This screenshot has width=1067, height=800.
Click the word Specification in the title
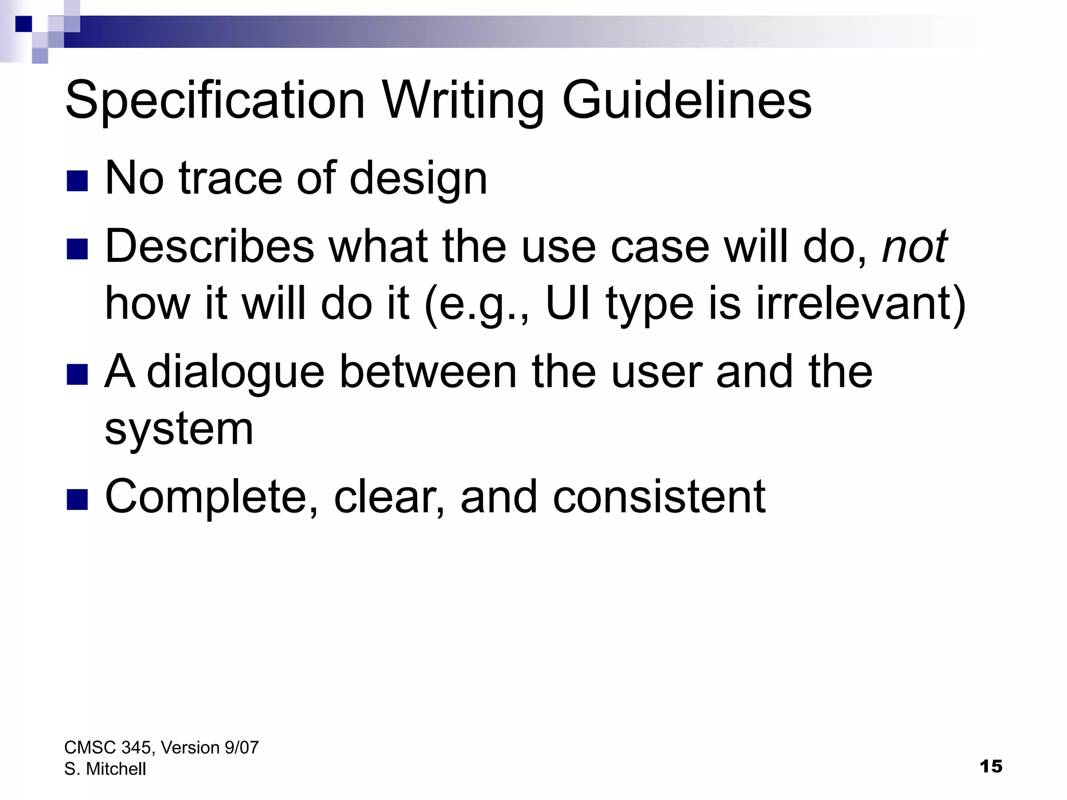pyautogui.click(x=215, y=101)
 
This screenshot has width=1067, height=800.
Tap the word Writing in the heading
pyautogui.click(x=464, y=101)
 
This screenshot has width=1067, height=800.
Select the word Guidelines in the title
pyautogui.click(x=687, y=101)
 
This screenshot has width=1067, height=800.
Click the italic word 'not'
pyautogui.click(x=914, y=246)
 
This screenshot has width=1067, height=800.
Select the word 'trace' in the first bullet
pyautogui.click(x=230, y=179)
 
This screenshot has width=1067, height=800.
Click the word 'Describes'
pyautogui.click(x=209, y=246)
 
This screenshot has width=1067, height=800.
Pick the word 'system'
pyautogui.click(x=179, y=430)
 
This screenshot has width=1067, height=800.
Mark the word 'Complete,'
pyautogui.click(x=212, y=497)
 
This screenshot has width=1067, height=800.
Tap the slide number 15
pyautogui.click(x=990, y=767)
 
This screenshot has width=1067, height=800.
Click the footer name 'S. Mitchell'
pyautogui.click(x=105, y=769)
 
